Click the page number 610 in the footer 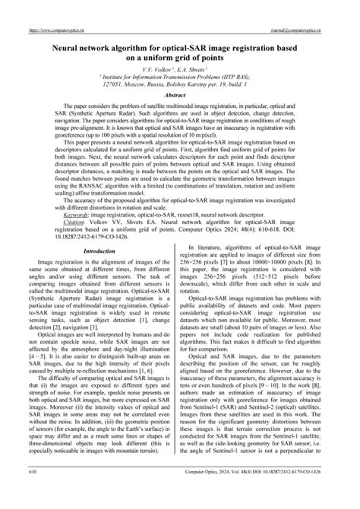[x=34, y=493]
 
